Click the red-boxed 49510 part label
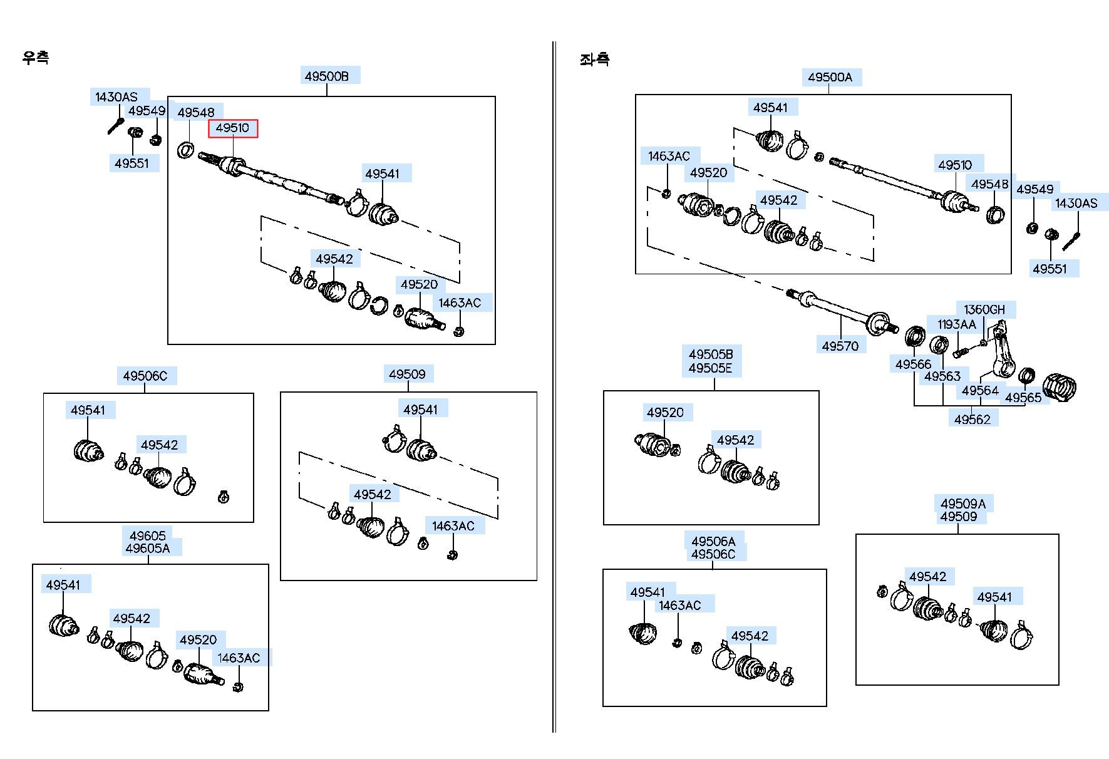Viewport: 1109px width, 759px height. click(x=232, y=128)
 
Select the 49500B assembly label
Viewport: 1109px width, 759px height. click(x=326, y=76)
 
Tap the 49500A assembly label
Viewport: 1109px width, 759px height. click(x=830, y=77)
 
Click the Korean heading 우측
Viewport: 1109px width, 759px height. click(x=36, y=58)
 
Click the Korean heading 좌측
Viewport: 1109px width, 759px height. click(x=594, y=59)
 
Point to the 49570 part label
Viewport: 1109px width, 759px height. click(x=840, y=346)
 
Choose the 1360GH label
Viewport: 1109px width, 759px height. click(x=984, y=309)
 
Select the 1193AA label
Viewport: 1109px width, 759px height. click(x=957, y=324)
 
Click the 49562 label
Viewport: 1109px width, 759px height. click(x=972, y=420)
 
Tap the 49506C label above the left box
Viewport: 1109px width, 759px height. click(x=145, y=376)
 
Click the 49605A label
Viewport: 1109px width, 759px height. click(x=148, y=549)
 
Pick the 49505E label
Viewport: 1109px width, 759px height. click(x=710, y=368)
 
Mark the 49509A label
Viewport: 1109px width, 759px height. click(x=963, y=504)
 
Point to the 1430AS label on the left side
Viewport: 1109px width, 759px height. click(x=116, y=97)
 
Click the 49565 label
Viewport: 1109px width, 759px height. click(x=1023, y=398)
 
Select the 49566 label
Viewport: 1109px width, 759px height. click(x=914, y=364)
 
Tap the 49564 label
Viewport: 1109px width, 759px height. click(x=981, y=391)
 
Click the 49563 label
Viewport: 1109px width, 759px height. click(x=942, y=376)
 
